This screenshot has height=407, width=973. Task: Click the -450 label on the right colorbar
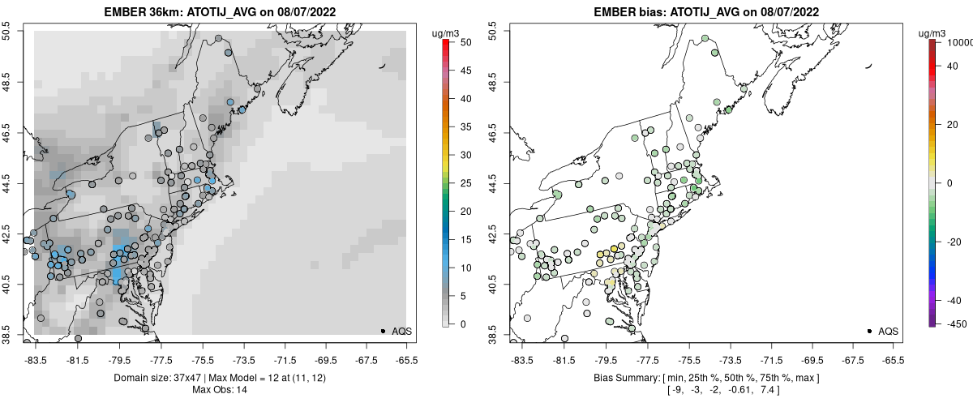pyautogui.click(x=957, y=324)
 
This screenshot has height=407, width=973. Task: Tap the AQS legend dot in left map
pyautogui.click(x=383, y=331)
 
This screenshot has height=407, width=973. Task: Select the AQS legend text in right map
pyautogui.click(x=888, y=331)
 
